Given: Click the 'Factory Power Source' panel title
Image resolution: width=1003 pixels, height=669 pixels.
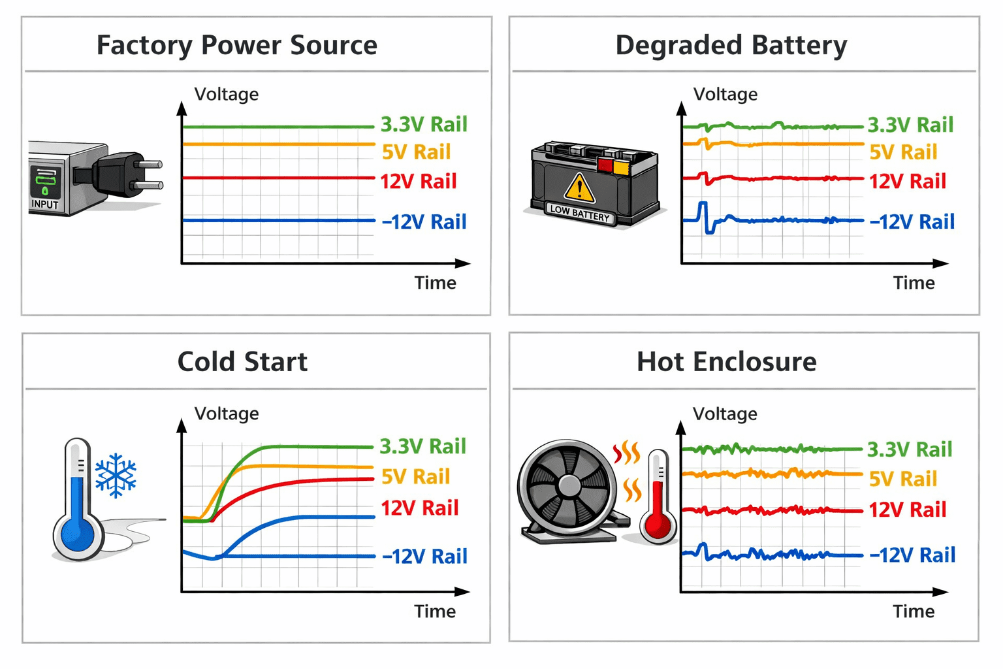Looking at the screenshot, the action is click(x=237, y=45).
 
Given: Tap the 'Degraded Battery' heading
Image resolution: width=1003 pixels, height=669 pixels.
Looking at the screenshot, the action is click(x=731, y=45).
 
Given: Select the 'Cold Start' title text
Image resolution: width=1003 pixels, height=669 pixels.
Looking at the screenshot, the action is click(x=242, y=361).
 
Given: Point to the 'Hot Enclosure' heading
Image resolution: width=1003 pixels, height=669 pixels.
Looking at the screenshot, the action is click(x=727, y=361).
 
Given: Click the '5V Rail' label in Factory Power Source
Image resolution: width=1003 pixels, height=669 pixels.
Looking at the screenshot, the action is click(x=416, y=152).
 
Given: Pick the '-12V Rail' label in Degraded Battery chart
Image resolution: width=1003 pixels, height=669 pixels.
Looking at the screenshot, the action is click(x=912, y=221).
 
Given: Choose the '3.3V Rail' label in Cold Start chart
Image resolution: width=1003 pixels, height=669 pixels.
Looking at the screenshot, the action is click(x=423, y=446).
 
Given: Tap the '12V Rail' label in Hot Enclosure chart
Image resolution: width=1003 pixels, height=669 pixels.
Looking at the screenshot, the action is click(x=908, y=510).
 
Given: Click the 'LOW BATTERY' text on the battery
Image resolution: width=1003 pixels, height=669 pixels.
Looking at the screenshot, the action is click(x=580, y=214).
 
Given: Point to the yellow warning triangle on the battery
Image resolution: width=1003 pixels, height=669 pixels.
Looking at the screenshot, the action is click(x=579, y=189).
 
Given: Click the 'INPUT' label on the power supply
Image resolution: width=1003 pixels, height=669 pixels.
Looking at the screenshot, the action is click(x=45, y=204).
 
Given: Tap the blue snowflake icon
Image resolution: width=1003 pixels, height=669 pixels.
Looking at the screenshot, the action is click(x=116, y=476).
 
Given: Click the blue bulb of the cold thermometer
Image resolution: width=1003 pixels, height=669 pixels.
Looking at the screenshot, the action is click(x=78, y=534).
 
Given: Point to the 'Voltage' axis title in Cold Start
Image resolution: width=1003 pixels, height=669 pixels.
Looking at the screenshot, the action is click(x=227, y=414).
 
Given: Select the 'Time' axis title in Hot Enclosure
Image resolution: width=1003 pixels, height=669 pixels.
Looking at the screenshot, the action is click(x=914, y=612).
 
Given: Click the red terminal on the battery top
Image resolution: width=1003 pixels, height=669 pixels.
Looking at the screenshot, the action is click(x=605, y=165).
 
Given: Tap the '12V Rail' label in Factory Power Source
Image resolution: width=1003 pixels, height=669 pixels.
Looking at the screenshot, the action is click(x=418, y=182).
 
